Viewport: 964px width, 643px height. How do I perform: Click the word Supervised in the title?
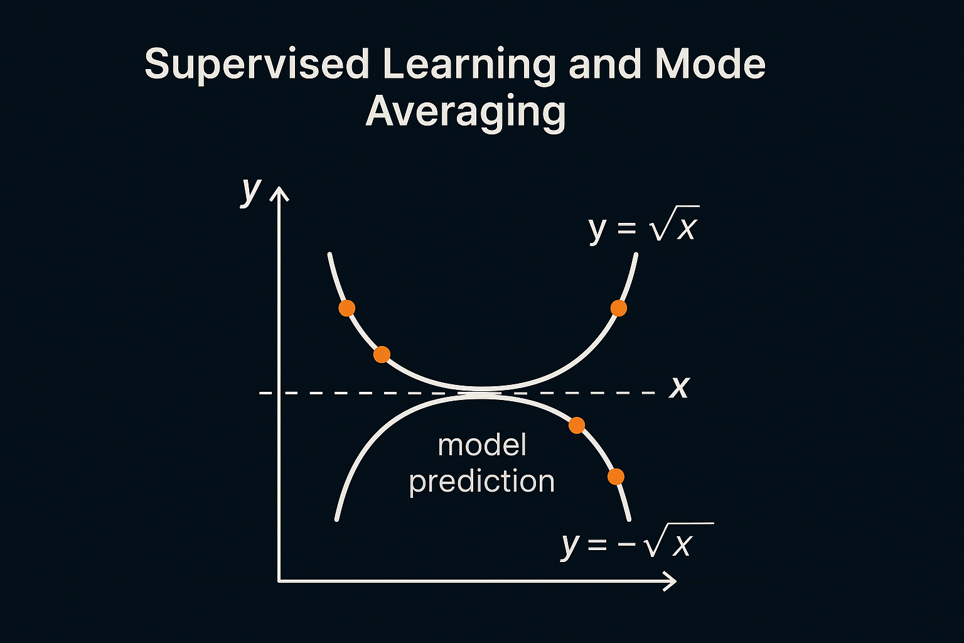click(x=257, y=64)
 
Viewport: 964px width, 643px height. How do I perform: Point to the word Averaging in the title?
click(x=466, y=112)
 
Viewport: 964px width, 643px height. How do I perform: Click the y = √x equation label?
click(x=643, y=224)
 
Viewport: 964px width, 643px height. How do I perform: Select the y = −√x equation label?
click(x=638, y=541)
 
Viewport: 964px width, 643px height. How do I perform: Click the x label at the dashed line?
click(x=680, y=387)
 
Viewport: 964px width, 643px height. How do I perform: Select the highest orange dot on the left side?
click(x=347, y=308)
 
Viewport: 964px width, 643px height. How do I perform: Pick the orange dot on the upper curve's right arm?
click(x=619, y=308)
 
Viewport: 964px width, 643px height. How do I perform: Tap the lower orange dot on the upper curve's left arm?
click(x=382, y=355)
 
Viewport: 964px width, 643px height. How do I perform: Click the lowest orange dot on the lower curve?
click(x=616, y=477)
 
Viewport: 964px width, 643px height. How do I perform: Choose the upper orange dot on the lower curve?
click(x=577, y=426)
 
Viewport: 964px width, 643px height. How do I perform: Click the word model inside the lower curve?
click(x=482, y=445)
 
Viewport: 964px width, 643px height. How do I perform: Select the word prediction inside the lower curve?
click(x=481, y=482)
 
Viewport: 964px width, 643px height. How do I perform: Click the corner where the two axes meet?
click(x=279, y=581)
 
